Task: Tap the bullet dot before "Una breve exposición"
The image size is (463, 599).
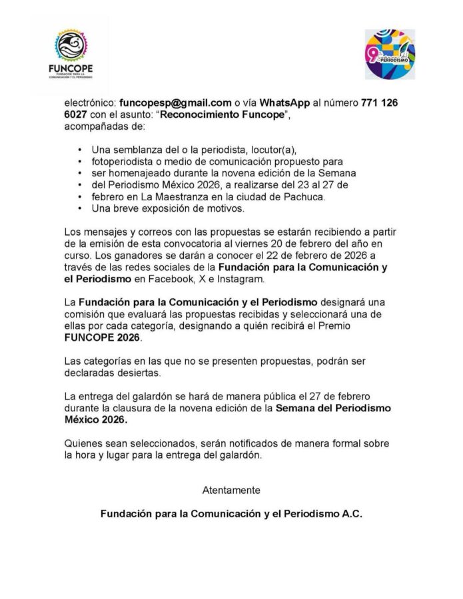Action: coord(81,209)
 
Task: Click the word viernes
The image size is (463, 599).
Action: coord(266,244)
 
